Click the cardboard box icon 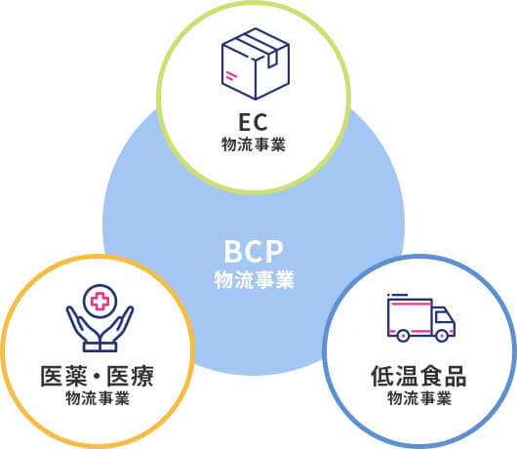(x=256, y=63)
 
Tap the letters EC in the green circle (x=254, y=122)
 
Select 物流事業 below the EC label (x=254, y=144)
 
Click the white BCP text (x=254, y=252)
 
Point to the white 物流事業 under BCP (x=255, y=280)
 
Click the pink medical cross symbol (x=99, y=301)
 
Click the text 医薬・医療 (x=97, y=376)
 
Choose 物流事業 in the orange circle (x=98, y=398)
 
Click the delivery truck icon (x=421, y=317)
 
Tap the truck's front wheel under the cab (x=442, y=336)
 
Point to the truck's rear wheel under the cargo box (x=403, y=336)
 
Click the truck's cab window (x=443, y=316)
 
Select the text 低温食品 (x=418, y=376)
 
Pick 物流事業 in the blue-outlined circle (x=419, y=398)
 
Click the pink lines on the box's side (x=231, y=75)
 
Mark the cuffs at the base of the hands (x=99, y=347)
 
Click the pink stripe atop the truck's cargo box (x=411, y=305)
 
